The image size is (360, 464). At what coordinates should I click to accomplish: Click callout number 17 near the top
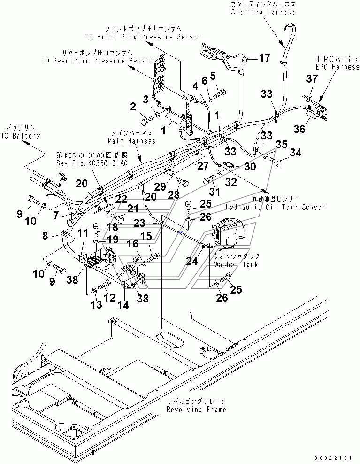point(265,58)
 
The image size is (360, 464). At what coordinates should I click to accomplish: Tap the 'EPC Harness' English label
point(337,67)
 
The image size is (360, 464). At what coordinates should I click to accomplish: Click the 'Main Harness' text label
point(131,140)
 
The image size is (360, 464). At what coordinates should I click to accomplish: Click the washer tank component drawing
point(228,233)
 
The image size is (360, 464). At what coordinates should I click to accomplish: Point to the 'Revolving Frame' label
point(196,409)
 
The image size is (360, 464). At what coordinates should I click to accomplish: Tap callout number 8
point(45,236)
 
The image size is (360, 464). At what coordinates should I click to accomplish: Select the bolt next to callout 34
point(278,162)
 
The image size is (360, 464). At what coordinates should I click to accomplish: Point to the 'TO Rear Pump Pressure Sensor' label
point(97,61)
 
